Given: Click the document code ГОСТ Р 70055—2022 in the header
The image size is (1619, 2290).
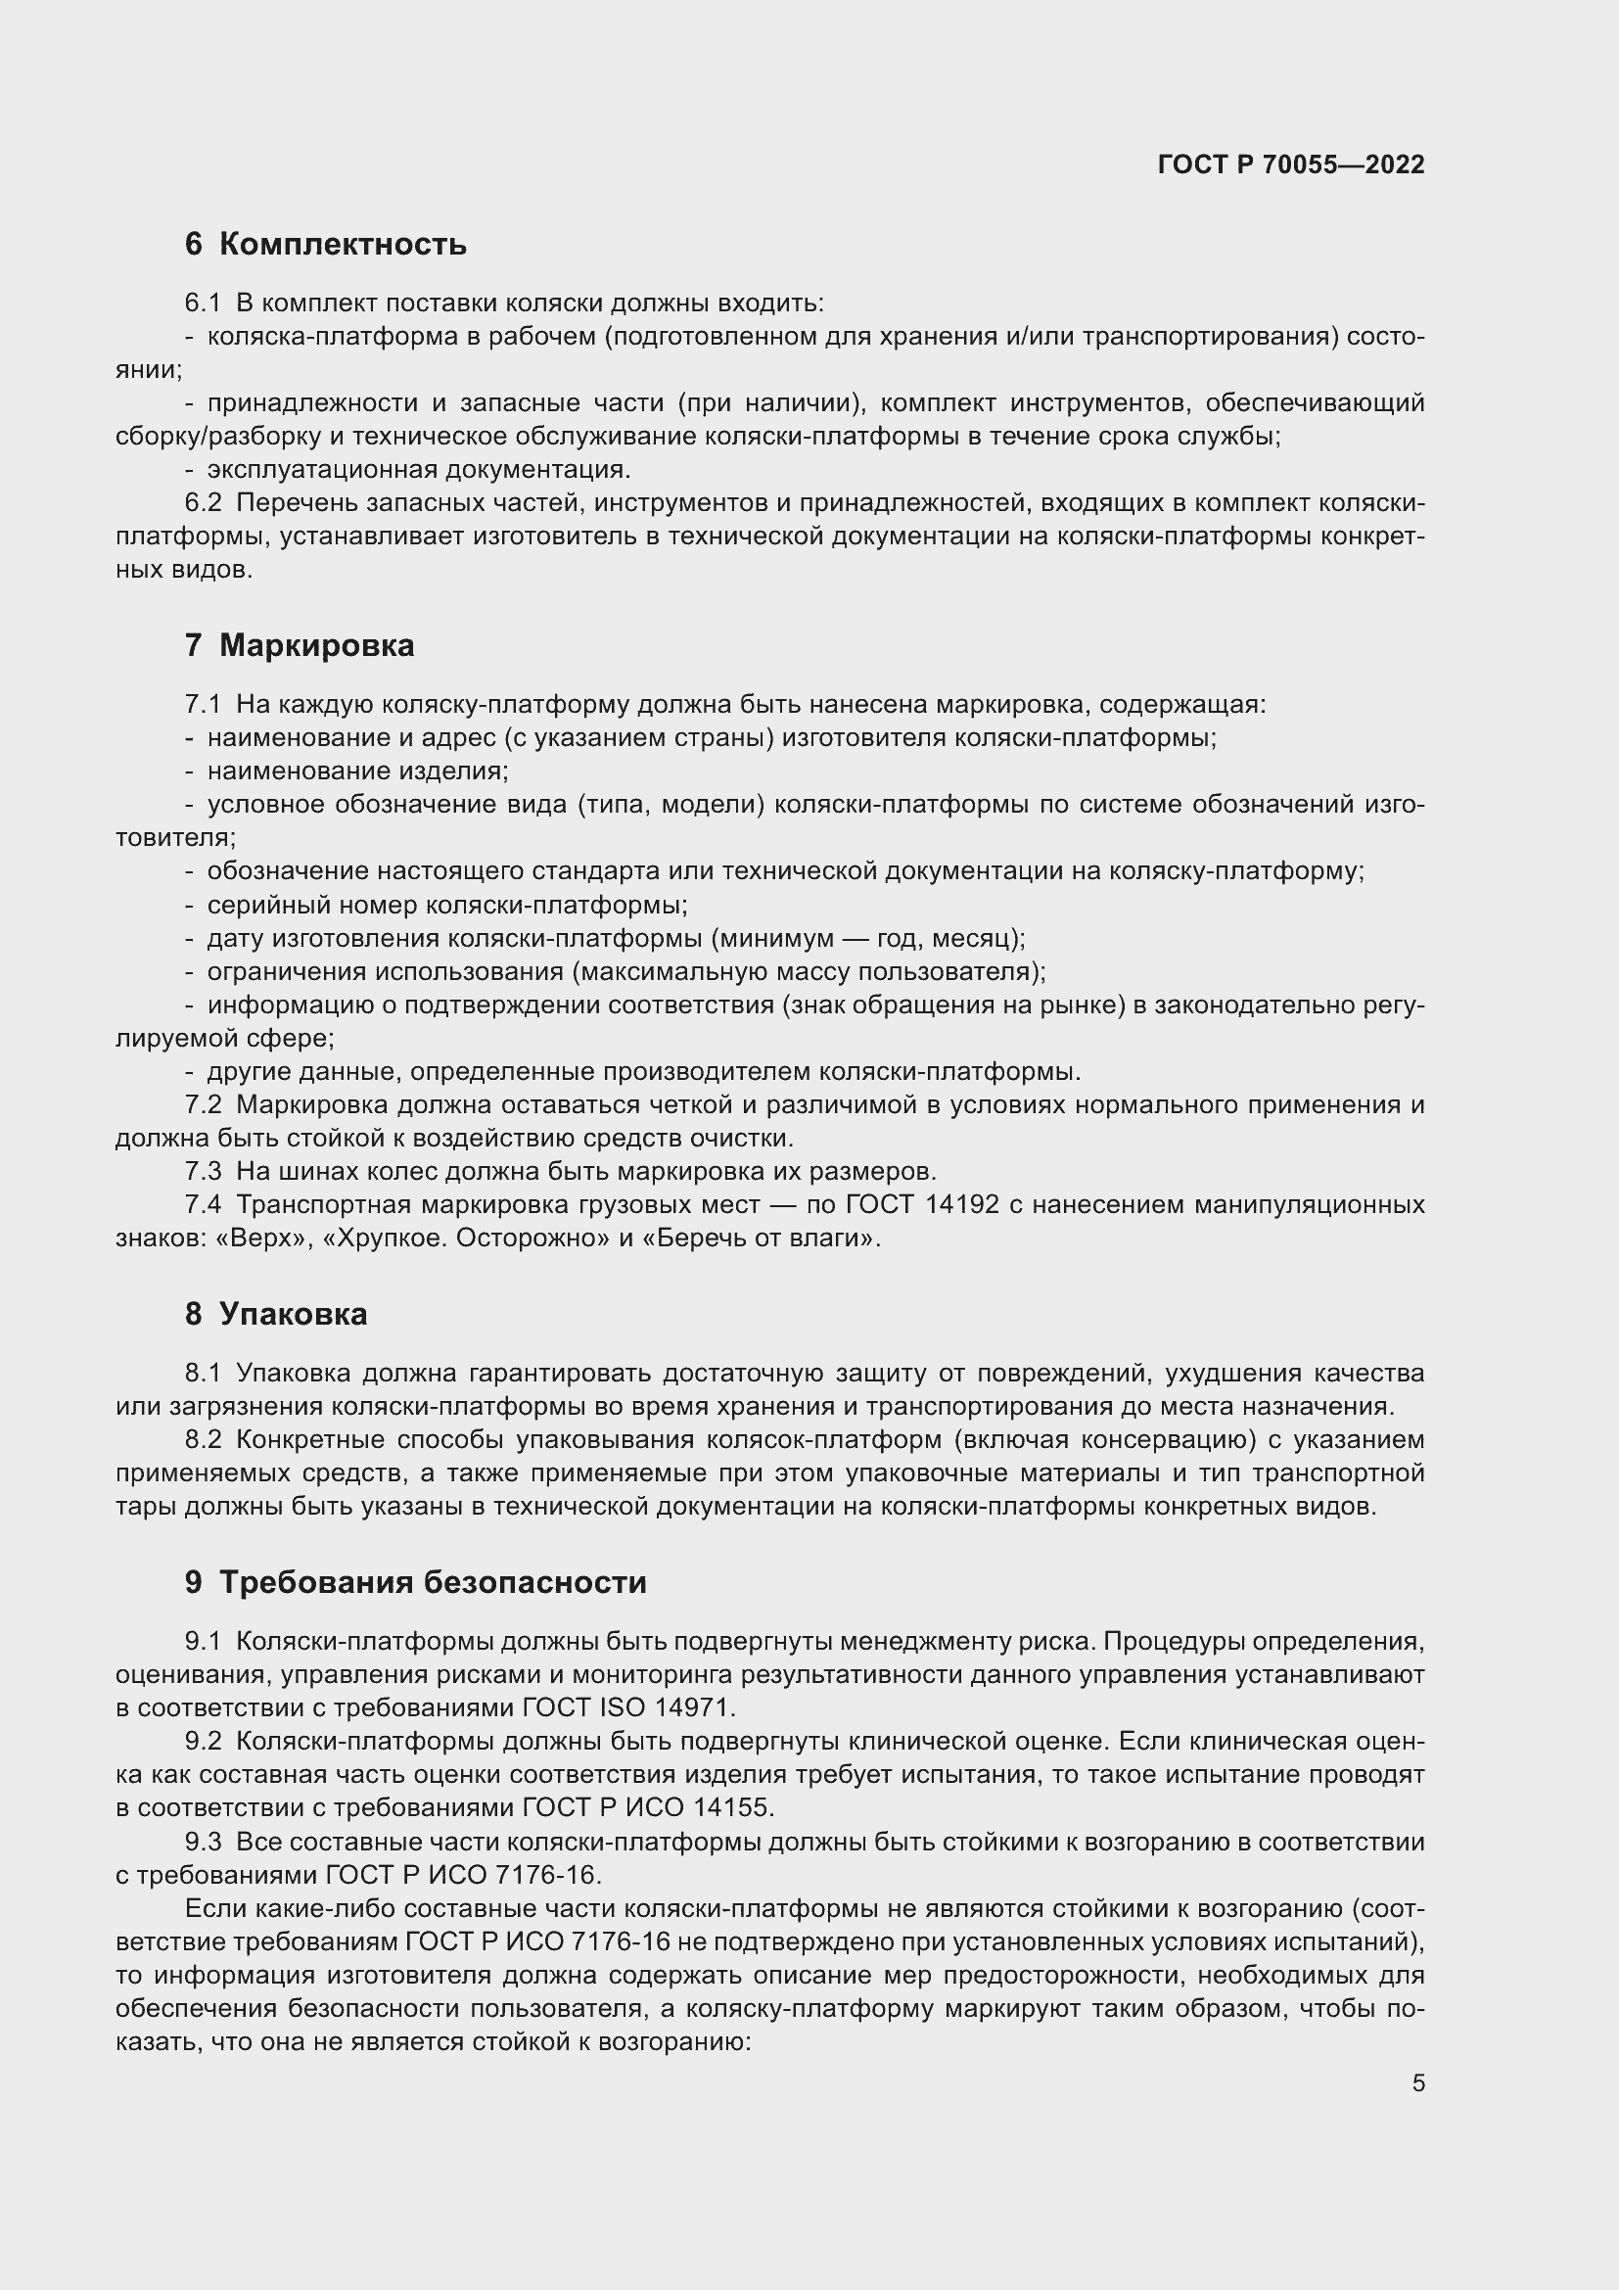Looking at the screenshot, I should tap(1291, 164).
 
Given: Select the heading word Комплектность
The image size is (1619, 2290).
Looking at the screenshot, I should tap(342, 245).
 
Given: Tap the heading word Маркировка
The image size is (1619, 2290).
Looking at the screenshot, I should tap(316, 646).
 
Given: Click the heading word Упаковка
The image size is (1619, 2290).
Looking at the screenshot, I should tap(292, 1315).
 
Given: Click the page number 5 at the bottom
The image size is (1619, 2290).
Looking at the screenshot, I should tap(1417, 2083).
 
